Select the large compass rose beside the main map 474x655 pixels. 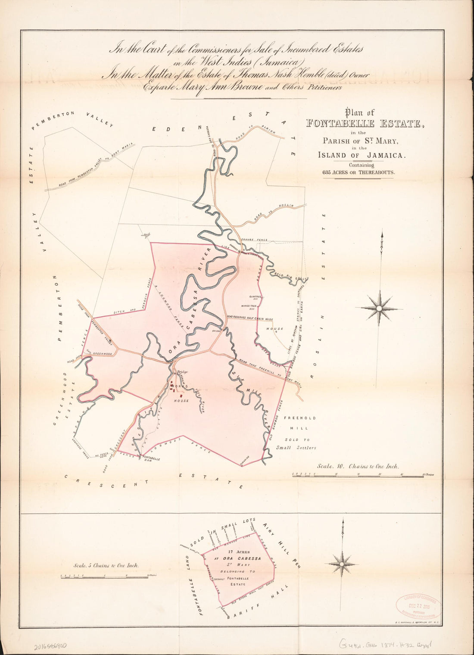[379, 308]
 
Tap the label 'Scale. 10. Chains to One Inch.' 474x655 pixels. [358, 466]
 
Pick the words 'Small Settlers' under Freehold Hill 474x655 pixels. [296, 447]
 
